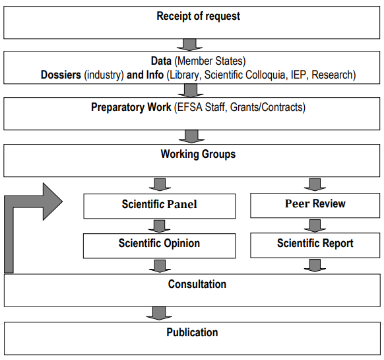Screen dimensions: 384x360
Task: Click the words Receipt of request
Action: click(198, 17)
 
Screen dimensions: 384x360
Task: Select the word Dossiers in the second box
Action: click(61, 75)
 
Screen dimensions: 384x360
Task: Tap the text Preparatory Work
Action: click(131, 108)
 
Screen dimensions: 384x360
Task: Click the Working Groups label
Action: click(198, 155)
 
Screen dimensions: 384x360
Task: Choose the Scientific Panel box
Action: click(160, 206)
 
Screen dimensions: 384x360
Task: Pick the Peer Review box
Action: click(315, 205)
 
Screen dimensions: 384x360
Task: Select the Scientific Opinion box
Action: click(159, 246)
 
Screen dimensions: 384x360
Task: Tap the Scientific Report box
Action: click(315, 245)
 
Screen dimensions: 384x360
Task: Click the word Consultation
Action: click(197, 284)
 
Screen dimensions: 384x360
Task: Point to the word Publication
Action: click(192, 332)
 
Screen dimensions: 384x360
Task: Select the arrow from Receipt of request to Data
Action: click(189, 45)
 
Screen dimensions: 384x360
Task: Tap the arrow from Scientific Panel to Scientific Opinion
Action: click(160, 226)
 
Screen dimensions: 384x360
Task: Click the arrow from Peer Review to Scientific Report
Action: click(315, 226)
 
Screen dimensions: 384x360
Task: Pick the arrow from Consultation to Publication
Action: click(159, 313)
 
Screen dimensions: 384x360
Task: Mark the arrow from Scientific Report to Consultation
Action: click(315, 266)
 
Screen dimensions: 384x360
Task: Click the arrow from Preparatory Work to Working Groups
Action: click(191, 136)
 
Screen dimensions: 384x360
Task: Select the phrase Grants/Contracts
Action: click(268, 108)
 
